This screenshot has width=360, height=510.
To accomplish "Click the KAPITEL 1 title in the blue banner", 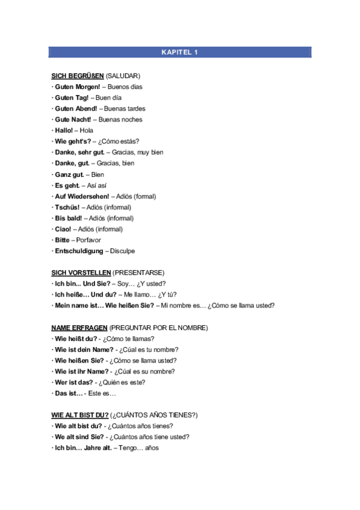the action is point(180,52).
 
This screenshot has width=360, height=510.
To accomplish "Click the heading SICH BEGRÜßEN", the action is point(78,76).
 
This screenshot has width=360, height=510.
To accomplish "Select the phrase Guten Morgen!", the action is point(77,87).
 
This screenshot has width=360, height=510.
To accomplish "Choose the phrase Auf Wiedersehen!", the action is point(82,196).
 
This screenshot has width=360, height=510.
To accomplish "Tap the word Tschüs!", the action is point(67,207).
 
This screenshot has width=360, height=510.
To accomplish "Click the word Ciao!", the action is point(63,229).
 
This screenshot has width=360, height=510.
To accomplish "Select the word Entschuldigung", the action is point(79,251).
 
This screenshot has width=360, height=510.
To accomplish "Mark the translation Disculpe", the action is point(123,251).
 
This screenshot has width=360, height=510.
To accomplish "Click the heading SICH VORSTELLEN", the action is point(81,272).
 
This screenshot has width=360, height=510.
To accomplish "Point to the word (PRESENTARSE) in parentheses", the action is point(139,272).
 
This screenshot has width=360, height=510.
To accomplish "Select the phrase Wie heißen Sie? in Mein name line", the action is point(129,306).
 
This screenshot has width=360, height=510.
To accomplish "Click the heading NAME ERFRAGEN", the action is point(79,328).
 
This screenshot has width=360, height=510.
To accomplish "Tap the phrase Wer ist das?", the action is point(74,382).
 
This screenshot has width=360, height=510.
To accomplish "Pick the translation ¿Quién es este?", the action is point(120,382).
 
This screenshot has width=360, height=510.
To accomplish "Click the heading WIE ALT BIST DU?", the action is point(80,415).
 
